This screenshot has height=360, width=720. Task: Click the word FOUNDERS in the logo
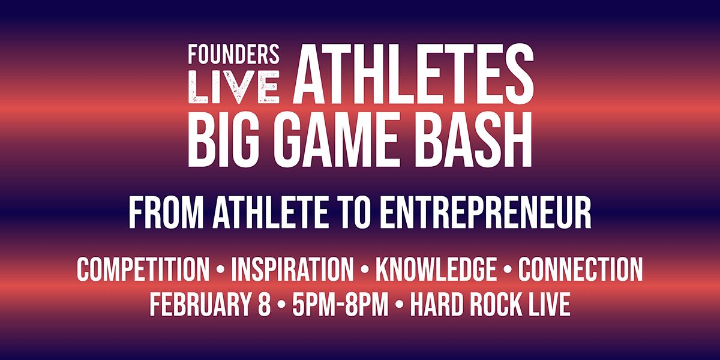pos(233,55)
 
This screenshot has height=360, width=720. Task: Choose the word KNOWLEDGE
pos(436,271)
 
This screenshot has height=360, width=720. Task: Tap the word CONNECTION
pos(580,271)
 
